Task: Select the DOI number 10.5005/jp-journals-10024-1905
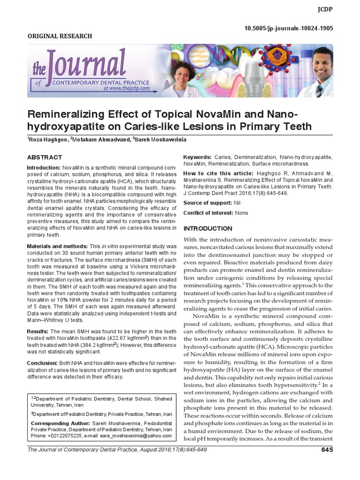(289, 28)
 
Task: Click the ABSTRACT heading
(45, 157)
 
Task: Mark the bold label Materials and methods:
(54, 246)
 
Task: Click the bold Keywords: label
(197, 157)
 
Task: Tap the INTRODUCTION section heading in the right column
(208, 229)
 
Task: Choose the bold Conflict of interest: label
(208, 213)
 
